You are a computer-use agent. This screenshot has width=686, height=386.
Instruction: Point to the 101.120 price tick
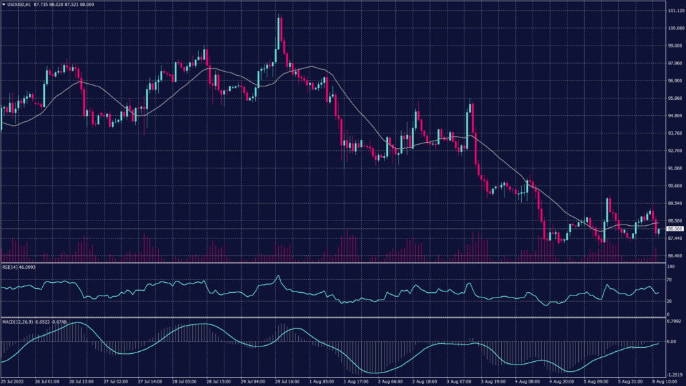(x=673, y=11)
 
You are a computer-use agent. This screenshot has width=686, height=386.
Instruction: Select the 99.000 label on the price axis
(x=673, y=46)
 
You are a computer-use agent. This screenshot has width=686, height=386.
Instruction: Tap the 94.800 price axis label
(x=673, y=116)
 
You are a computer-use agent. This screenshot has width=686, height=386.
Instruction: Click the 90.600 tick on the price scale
(x=673, y=186)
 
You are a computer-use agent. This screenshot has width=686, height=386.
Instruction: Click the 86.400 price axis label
(x=673, y=255)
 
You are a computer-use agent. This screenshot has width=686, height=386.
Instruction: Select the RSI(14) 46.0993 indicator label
(x=20, y=267)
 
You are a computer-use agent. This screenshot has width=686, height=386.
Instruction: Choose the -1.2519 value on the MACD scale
(x=673, y=375)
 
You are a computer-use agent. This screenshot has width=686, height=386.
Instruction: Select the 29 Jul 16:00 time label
(x=287, y=382)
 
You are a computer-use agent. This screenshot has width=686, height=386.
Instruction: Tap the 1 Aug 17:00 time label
(x=357, y=382)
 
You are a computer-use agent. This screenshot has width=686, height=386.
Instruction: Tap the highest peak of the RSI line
(x=277, y=275)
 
